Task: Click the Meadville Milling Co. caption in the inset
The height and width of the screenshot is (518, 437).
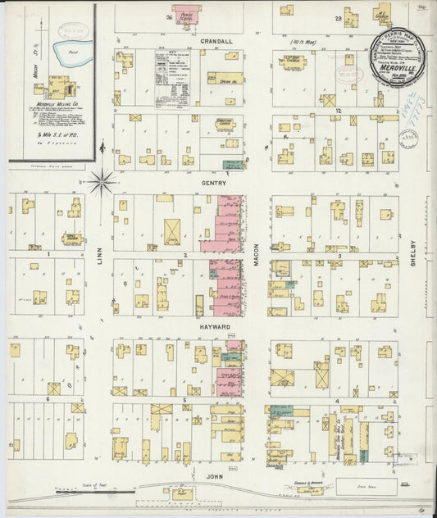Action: [60, 106]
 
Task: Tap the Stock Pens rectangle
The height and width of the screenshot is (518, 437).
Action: [366, 486]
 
